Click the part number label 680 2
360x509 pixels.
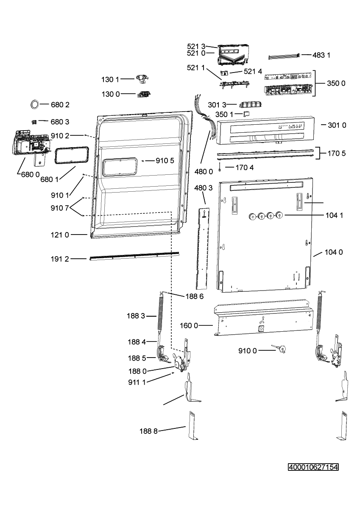pos(60,105)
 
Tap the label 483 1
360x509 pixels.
pos(321,55)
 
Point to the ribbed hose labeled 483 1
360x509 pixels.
pos(285,56)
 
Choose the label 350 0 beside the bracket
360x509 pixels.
pos(336,84)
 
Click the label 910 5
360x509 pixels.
pos(165,161)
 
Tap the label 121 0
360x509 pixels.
pos(60,235)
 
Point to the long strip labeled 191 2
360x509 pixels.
pos(134,256)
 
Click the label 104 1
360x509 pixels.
pos(334,215)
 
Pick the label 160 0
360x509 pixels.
pos(189,326)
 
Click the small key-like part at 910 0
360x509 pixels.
pos(279,348)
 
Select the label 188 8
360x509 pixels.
pos(148,431)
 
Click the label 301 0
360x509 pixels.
pos(337,125)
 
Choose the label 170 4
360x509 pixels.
pos(245,168)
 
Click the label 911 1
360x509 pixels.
pos(137,383)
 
